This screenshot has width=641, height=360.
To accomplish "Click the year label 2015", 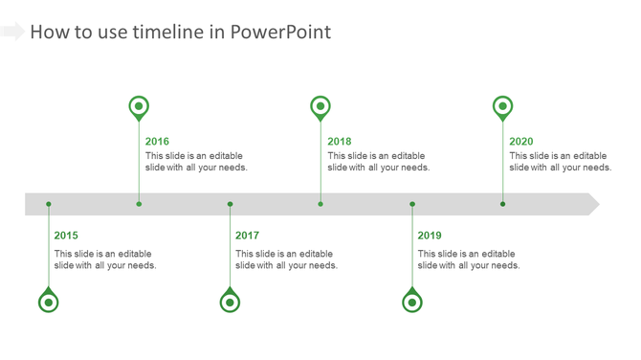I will tap(66, 236).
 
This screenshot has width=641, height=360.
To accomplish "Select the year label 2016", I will tap(157, 142).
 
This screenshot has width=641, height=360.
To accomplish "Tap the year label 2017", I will tap(247, 236).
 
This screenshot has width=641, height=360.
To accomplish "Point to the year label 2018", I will tap(339, 142).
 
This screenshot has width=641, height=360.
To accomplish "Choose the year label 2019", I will tap(430, 236).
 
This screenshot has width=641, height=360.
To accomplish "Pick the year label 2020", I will tap(521, 142).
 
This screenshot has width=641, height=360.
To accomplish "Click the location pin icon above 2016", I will tap(139, 106).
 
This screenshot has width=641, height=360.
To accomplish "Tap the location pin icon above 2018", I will tap(320, 106).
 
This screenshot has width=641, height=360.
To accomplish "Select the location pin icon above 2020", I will tap(502, 106).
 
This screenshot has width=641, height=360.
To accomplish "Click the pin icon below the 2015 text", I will tap(49, 302).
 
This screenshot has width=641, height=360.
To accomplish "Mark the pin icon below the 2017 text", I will tap(230, 302).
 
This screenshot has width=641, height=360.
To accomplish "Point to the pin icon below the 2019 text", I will tap(412, 302).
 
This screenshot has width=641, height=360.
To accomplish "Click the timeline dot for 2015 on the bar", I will tap(49, 204).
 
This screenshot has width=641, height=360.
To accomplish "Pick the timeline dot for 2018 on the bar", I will tap(320, 204).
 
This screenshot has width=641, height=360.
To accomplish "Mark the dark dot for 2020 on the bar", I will tap(502, 204).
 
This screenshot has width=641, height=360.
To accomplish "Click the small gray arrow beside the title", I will tap(12, 32).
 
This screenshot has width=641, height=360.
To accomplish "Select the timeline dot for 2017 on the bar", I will tap(230, 204).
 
